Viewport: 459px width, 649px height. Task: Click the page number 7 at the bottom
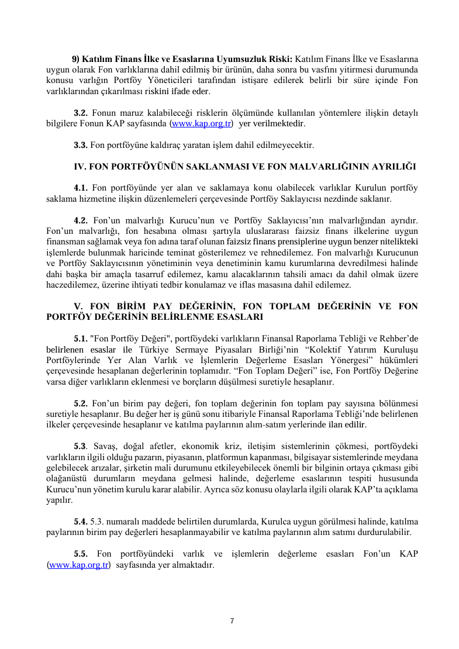pos(232,620)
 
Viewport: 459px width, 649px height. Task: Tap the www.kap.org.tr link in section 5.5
pos(79,565)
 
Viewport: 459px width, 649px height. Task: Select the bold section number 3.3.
pos(81,144)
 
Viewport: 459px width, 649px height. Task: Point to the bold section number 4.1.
pos(81,188)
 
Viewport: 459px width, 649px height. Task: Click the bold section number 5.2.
pos(81,403)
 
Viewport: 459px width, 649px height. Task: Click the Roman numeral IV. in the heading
pos(80,166)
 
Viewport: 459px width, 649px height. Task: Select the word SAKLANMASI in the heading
pos(213,166)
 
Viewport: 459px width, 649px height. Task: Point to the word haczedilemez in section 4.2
pos(68,285)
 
